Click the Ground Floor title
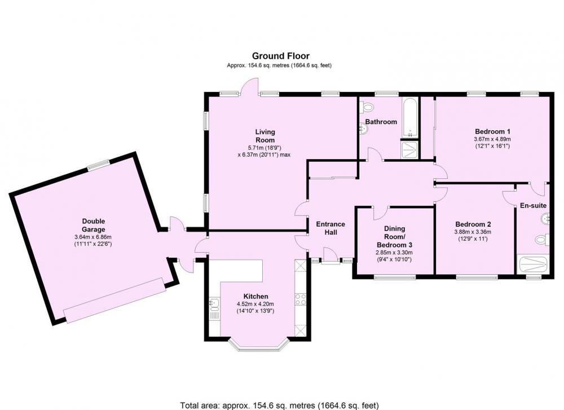280,56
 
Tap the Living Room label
265,136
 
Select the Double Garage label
94,225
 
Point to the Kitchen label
255,296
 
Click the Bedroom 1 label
492,131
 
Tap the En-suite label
533,206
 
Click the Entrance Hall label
331,228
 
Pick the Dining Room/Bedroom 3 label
395,236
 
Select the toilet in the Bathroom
366,107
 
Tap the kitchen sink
214,304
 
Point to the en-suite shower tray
533,264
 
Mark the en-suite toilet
543,240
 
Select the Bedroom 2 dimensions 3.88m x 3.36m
473,232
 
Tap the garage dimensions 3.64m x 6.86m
93,237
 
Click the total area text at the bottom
279,405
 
